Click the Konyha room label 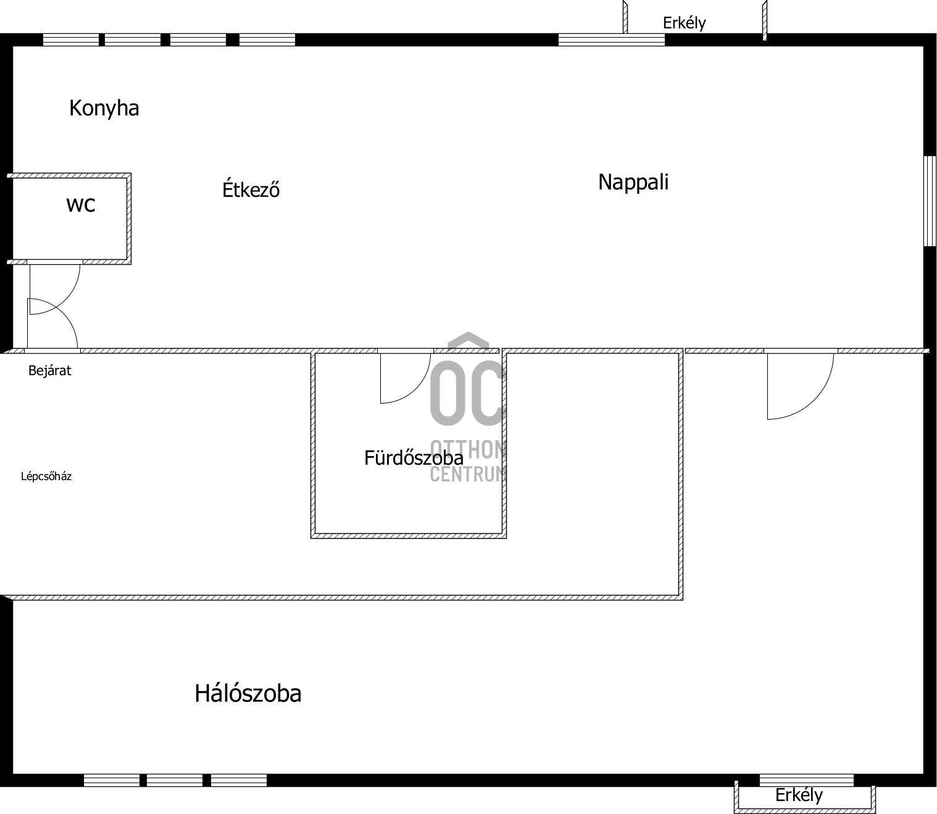[x=104, y=109]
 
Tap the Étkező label [x=251, y=189]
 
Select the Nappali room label [x=633, y=182]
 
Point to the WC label [x=81, y=205]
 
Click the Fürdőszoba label [x=414, y=458]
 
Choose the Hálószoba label [x=248, y=694]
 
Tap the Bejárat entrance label [x=49, y=370]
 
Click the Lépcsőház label [x=46, y=476]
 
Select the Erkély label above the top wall [x=684, y=23]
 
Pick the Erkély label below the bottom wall [x=799, y=795]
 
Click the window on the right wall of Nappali [x=930, y=201]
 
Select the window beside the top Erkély [x=611, y=40]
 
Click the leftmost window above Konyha [x=71, y=40]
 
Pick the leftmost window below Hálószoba [x=112, y=780]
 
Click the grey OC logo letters [x=468, y=393]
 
